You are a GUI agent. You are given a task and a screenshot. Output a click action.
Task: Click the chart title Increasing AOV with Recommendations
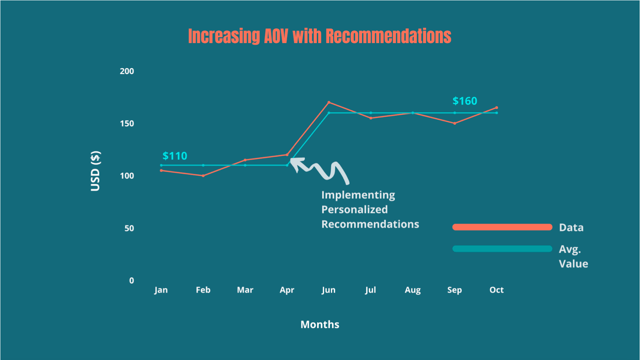pos(319,36)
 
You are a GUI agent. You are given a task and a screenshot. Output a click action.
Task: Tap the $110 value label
pos(175,156)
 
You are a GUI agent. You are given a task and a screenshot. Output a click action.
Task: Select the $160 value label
pos(465,101)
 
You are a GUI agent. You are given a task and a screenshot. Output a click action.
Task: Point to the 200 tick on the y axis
pos(127,71)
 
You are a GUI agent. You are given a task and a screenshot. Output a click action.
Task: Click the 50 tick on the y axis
pos(129,228)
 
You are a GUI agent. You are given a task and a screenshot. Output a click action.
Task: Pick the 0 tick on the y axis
pos(131,281)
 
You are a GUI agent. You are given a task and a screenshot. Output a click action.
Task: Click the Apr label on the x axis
pos(287,290)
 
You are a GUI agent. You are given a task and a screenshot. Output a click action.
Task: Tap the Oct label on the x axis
pos(496,290)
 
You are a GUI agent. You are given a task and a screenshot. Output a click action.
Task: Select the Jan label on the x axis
pos(161,290)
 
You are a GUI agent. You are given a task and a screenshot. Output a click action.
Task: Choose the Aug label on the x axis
pos(412,290)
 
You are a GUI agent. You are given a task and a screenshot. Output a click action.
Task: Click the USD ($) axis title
pos(95,171)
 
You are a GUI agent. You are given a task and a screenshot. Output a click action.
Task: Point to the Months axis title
pos(320,325)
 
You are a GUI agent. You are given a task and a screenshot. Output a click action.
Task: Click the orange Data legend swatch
pos(502,227)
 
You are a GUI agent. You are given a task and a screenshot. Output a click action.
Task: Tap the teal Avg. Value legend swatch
pos(502,249)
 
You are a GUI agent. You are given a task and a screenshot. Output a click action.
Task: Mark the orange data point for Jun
pos(329,102)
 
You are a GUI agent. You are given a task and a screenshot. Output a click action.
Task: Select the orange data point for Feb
pos(203,176)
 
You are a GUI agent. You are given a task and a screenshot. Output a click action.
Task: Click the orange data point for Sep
pos(455,123)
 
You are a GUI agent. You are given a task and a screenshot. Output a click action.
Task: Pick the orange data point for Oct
pos(497,108)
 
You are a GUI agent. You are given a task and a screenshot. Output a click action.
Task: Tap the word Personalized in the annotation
pos(355,210)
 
